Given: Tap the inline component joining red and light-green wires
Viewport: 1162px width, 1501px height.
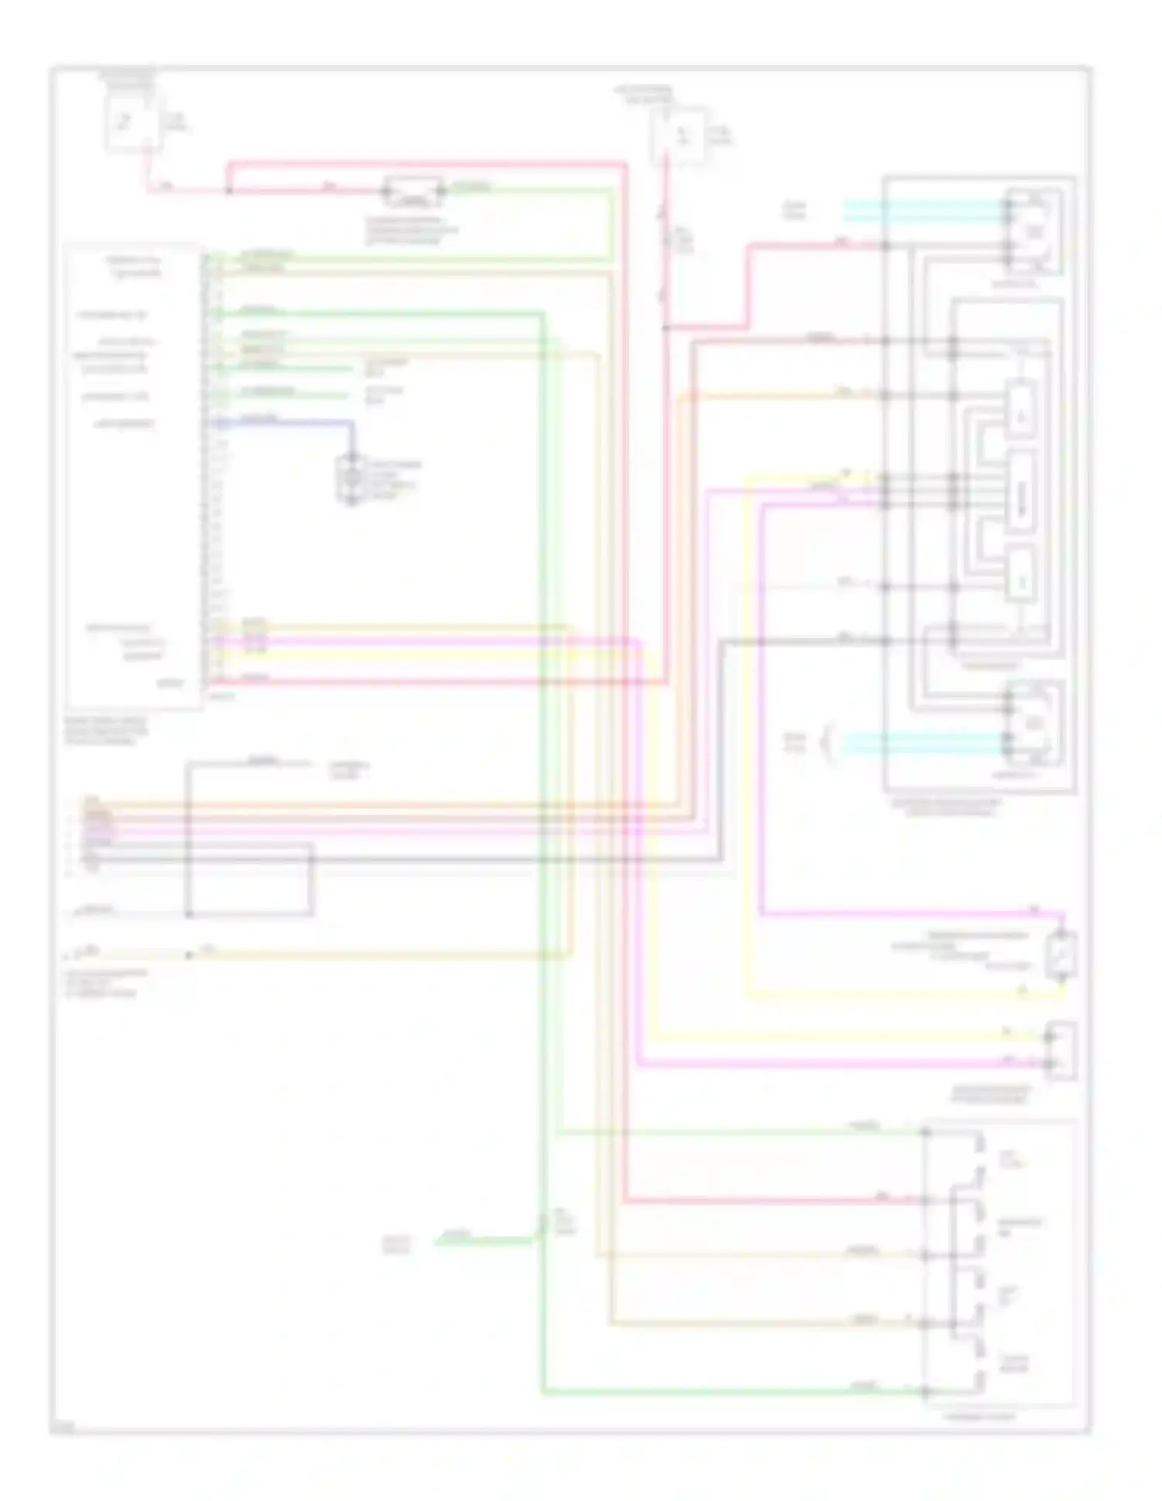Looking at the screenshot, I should (x=414, y=191).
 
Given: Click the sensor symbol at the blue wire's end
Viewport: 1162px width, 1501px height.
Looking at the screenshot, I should (x=351, y=479).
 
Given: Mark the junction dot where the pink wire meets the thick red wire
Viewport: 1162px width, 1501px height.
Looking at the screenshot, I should (x=229, y=191).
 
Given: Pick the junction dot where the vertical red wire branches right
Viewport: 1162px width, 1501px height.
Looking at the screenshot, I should (x=665, y=328).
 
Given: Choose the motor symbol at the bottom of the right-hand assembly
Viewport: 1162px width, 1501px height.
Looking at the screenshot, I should (x=1035, y=724).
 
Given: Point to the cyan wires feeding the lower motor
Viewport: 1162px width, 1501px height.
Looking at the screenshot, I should (x=922, y=743).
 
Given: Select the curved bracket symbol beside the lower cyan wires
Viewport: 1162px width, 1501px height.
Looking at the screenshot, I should (x=830, y=741).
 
